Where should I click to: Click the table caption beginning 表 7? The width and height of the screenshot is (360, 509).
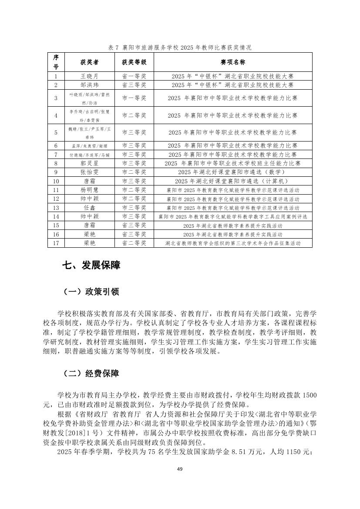coord(179,47)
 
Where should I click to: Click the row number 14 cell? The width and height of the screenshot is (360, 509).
coord(56,216)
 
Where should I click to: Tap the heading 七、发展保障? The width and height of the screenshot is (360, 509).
coord(91,265)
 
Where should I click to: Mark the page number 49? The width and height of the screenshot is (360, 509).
coord(179,469)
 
